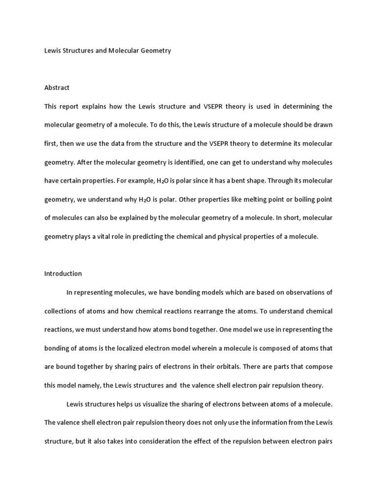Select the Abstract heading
click(x=57, y=87)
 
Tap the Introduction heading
click(x=63, y=274)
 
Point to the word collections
click(x=61, y=311)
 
